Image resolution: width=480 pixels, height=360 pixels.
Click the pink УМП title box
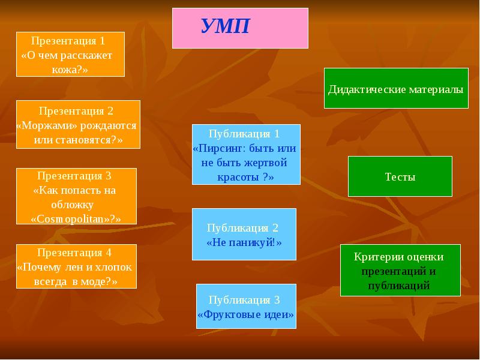coord(240,28)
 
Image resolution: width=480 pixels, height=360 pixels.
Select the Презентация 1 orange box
coord(70,54)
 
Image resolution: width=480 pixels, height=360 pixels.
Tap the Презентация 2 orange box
coord(78,124)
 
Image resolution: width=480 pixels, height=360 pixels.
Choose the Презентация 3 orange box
coord(76,196)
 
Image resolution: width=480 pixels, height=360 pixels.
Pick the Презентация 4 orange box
coord(76,266)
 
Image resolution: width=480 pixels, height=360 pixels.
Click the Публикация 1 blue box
coord(246,154)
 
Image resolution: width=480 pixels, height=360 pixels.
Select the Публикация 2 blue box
coord(244,234)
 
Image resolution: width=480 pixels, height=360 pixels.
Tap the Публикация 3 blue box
coord(246,306)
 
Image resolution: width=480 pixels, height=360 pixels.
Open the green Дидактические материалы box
coord(396,89)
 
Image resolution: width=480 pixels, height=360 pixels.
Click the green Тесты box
coord(400,176)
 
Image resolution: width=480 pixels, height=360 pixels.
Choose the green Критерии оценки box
coord(400,270)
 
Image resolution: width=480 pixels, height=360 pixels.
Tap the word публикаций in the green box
coord(400,286)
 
